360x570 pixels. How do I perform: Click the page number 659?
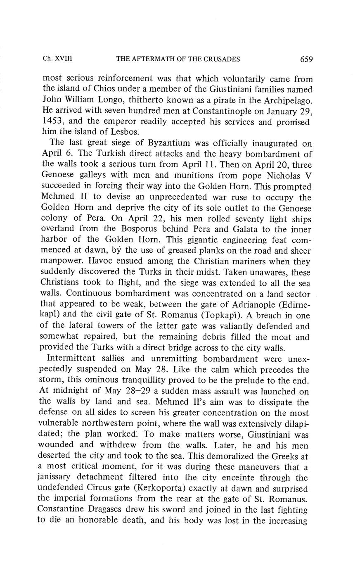tap(306, 59)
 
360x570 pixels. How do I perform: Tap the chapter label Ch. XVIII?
tap(58, 59)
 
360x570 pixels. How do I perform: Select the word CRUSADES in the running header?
tap(222, 59)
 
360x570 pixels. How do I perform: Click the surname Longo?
tap(111, 100)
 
